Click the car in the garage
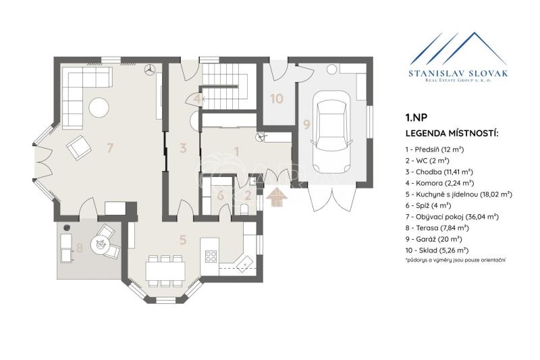[331, 133]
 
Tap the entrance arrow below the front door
[277, 197]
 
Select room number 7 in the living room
[109, 148]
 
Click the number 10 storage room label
[277, 99]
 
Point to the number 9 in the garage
[306, 124]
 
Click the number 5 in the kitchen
[183, 240]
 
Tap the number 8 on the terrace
[80, 247]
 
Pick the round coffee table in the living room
[99, 107]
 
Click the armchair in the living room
[79, 148]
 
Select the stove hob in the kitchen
[211, 256]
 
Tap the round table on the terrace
[101, 245]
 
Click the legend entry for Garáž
[434, 239]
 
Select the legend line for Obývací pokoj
[452, 217]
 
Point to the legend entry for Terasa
[437, 228]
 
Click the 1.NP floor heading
[416, 118]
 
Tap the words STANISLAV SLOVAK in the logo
[458, 73]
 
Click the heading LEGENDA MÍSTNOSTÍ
[452, 133]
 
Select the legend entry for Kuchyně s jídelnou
[459, 195]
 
